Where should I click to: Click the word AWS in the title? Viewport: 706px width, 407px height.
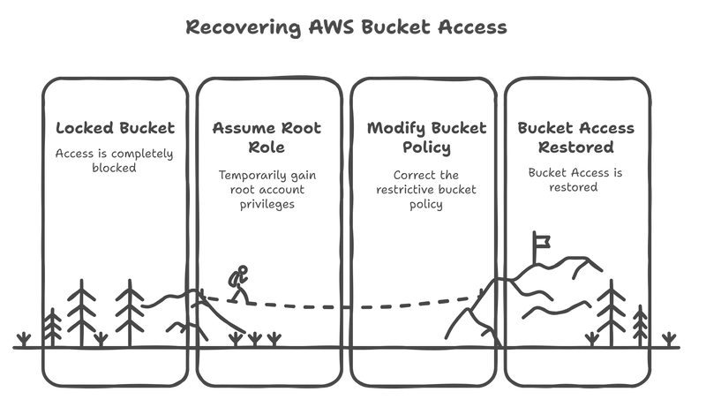click(332, 27)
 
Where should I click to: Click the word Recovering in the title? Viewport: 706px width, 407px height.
click(244, 28)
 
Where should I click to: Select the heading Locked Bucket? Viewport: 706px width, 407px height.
click(116, 128)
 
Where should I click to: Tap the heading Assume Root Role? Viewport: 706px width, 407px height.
click(267, 138)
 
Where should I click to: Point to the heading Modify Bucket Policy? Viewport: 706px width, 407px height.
click(426, 138)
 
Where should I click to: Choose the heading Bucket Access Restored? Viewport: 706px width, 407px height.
click(576, 138)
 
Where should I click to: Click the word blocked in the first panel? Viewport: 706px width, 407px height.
click(114, 168)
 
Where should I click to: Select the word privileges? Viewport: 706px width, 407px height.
click(267, 205)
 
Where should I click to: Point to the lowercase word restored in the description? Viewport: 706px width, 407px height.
click(573, 187)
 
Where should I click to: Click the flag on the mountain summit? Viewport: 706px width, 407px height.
click(542, 242)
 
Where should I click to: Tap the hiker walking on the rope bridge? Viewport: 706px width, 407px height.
click(238, 284)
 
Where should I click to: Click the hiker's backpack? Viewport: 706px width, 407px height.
click(233, 279)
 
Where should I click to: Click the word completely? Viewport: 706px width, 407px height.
click(142, 155)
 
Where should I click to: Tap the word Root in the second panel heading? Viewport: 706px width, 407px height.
click(301, 128)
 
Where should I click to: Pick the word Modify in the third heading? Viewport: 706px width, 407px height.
click(395, 129)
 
